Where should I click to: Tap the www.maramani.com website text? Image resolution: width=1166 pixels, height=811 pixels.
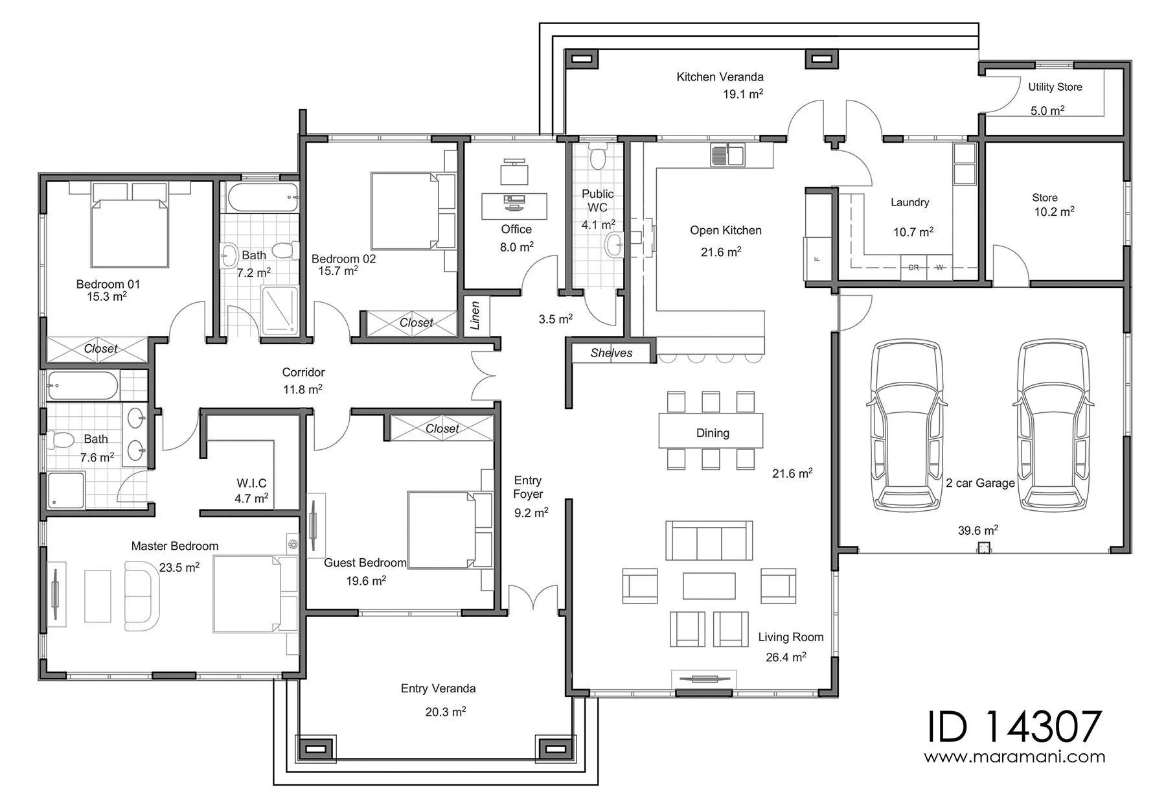pyautogui.click(x=1014, y=757)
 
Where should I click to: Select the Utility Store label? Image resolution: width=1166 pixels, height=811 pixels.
pyautogui.click(x=1055, y=87)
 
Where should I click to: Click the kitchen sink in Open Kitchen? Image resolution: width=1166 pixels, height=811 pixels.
pyautogui.click(x=727, y=155)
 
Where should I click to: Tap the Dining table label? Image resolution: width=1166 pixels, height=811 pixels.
pyautogui.click(x=713, y=433)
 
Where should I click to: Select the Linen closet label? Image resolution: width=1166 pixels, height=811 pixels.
pyautogui.click(x=475, y=316)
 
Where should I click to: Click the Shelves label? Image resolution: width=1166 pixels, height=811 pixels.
pyautogui.click(x=612, y=353)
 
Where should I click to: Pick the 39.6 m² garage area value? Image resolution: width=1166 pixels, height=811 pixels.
pyautogui.click(x=977, y=530)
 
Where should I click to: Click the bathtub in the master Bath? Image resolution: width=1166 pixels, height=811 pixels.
pyautogui.click(x=82, y=386)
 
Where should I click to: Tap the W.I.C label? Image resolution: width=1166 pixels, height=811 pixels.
pyautogui.click(x=251, y=483)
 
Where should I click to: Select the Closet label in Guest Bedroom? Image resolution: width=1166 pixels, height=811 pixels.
pyautogui.click(x=442, y=429)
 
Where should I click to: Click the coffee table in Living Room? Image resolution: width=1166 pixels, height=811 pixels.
pyautogui.click(x=709, y=585)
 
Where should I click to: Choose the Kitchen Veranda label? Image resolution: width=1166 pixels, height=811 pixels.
pyautogui.click(x=720, y=77)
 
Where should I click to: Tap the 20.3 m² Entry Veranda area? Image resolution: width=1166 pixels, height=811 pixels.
pyautogui.click(x=445, y=711)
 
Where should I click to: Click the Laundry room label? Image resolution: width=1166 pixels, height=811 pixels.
pyautogui.click(x=909, y=203)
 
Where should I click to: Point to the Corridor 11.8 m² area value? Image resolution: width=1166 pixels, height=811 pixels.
pyautogui.click(x=302, y=389)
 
